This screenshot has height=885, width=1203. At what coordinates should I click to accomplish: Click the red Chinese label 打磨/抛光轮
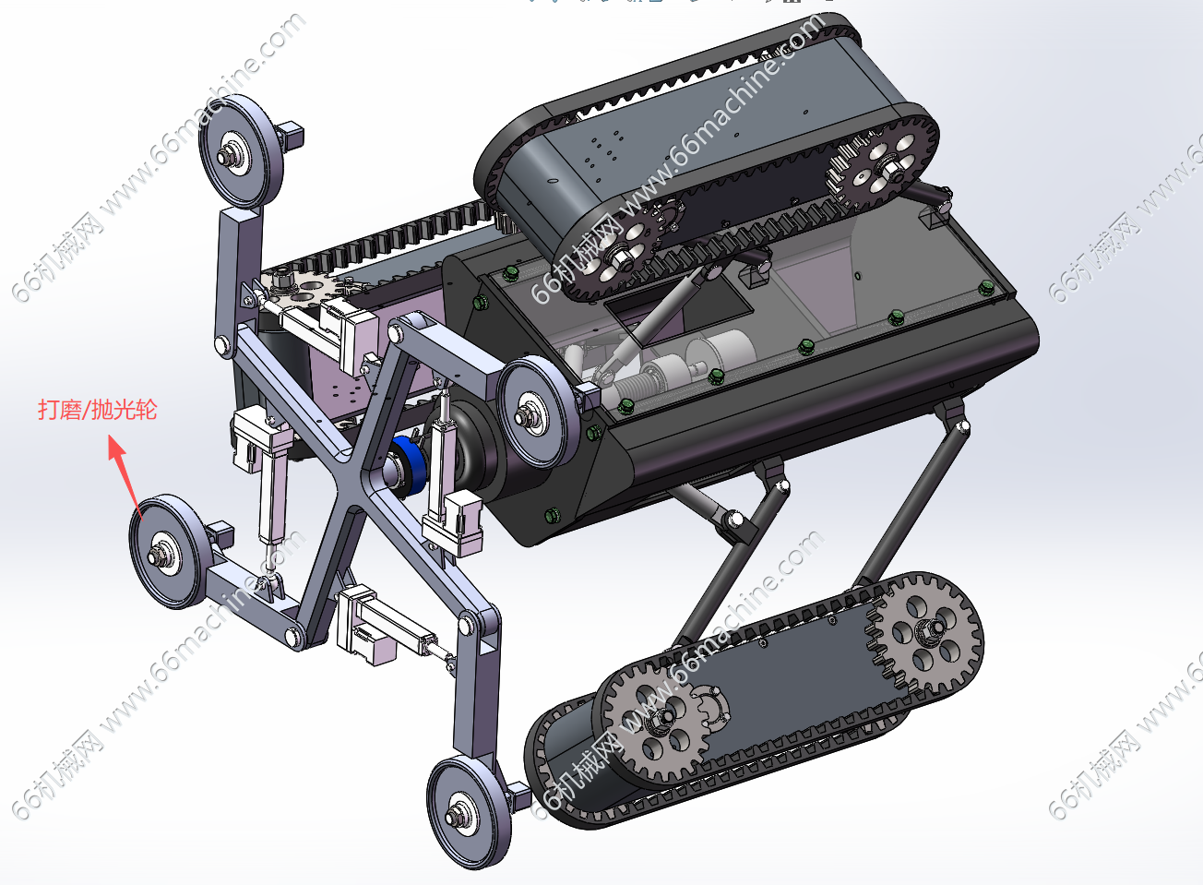click(97, 409)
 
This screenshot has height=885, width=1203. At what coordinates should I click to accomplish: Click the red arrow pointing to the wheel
click(125, 475)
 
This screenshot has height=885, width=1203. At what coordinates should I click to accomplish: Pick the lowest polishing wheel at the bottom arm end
click(469, 812)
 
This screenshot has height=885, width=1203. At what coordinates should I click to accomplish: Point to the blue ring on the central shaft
click(406, 466)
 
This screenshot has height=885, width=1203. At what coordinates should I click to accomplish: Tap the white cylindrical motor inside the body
click(724, 351)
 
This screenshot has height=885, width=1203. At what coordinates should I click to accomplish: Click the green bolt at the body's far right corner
click(987, 288)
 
